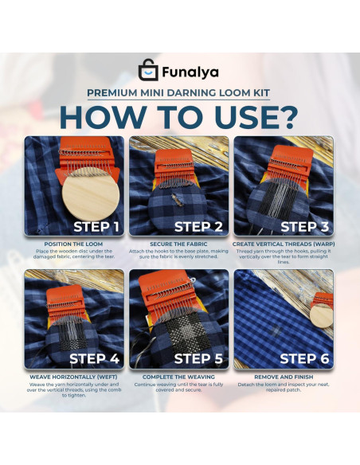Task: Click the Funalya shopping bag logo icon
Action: (148, 70)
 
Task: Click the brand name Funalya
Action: (190, 72)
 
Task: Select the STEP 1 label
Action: (96, 227)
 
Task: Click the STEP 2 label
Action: (198, 227)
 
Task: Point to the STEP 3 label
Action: (304, 227)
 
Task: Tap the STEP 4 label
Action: (94, 358)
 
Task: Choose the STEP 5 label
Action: (198, 358)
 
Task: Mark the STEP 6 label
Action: (304, 358)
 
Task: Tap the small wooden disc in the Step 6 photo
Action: (322, 316)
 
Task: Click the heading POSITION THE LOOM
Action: (73, 244)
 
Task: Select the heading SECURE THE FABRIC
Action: (178, 244)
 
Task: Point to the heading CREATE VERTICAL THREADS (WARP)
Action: (284, 244)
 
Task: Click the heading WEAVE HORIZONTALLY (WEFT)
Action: (73, 377)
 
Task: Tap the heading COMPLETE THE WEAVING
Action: (178, 377)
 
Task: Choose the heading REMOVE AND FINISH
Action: (284, 377)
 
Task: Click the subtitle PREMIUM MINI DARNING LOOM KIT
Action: (178, 93)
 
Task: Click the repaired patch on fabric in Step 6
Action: (276, 330)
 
